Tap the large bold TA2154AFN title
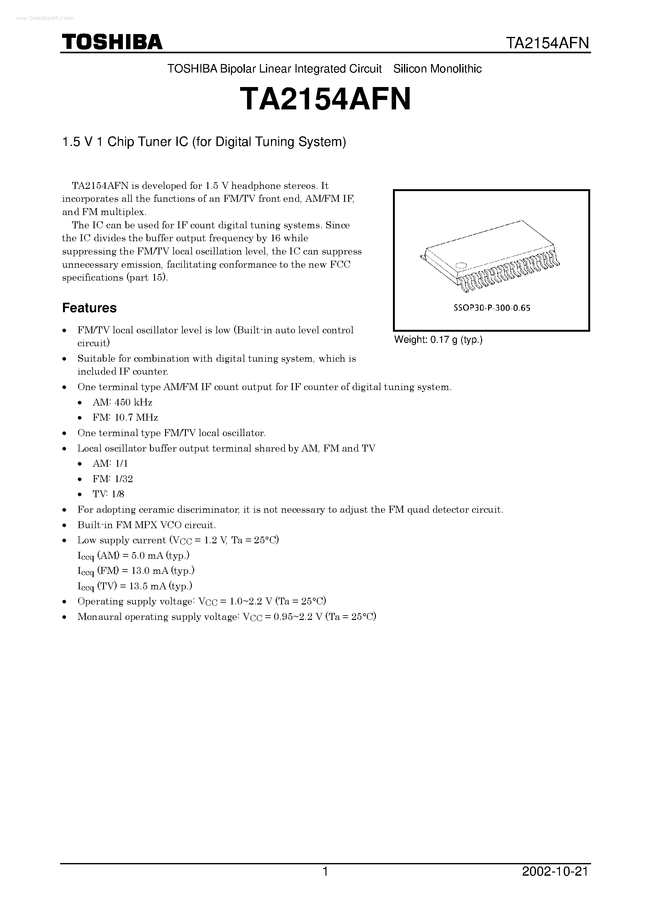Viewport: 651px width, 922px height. (325, 100)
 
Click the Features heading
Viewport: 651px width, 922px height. (89, 308)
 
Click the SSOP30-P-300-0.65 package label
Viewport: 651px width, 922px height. (492, 308)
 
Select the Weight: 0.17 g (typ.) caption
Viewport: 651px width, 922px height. (438, 340)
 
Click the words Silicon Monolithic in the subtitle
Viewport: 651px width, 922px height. (437, 69)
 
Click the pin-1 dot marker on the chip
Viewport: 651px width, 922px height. (462, 265)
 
